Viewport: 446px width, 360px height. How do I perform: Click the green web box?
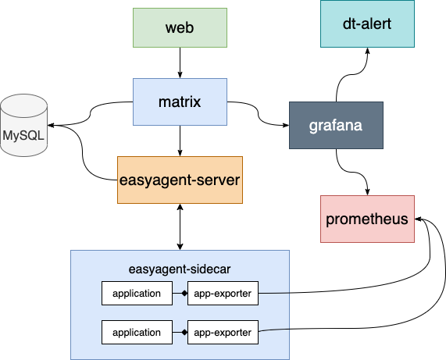(180, 27)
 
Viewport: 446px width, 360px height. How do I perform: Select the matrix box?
(180, 102)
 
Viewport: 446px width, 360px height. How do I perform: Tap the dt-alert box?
(367, 23)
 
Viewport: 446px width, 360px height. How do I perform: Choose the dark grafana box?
(336, 125)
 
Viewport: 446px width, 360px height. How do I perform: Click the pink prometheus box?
(367, 219)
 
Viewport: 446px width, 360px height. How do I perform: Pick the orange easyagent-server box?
(180, 180)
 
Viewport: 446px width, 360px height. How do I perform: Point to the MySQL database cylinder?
(24, 125)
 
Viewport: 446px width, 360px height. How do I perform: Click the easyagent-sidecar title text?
(180, 269)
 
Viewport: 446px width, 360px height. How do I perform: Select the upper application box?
(137, 293)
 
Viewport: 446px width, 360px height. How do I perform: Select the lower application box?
(137, 332)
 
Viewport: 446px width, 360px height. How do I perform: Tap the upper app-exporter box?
(223, 293)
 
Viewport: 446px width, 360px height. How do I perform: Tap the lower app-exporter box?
(223, 332)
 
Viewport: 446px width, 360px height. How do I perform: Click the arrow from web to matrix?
(180, 62)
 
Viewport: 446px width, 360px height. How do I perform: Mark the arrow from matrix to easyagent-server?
(180, 141)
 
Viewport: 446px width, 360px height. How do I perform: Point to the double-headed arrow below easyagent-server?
(180, 227)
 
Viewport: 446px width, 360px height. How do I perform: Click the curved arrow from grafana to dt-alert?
(352, 74)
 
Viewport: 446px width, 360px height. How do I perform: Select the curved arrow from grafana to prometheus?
(352, 172)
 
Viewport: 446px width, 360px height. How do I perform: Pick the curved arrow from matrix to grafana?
(259, 114)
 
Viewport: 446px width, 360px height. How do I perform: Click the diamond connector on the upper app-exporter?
(184, 293)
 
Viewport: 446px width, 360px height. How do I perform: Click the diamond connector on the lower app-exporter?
(184, 332)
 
